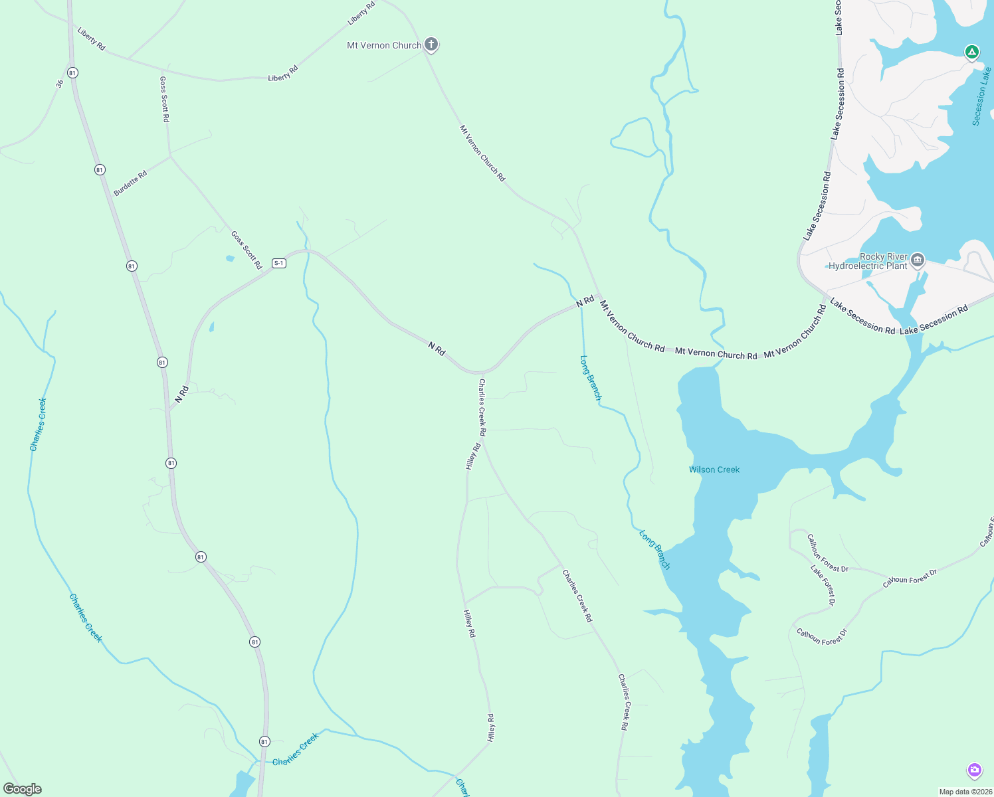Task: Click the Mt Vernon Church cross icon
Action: (431, 44)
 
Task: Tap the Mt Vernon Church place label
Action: (384, 45)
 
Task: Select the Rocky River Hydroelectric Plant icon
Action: (918, 260)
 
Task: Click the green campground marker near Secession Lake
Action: (971, 52)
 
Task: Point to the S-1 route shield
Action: (278, 263)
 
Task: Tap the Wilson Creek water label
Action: (714, 470)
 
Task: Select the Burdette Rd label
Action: (130, 183)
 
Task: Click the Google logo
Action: (23, 789)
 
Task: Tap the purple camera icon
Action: (974, 770)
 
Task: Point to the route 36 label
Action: (60, 84)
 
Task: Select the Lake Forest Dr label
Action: (823, 584)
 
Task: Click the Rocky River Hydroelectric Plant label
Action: (868, 261)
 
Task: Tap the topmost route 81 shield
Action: (72, 72)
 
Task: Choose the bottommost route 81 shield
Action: (264, 741)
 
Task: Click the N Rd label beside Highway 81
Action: (182, 394)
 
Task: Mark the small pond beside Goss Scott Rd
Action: (230, 258)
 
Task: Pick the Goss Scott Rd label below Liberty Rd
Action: (164, 99)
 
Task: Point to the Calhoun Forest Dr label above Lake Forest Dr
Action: (828, 553)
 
